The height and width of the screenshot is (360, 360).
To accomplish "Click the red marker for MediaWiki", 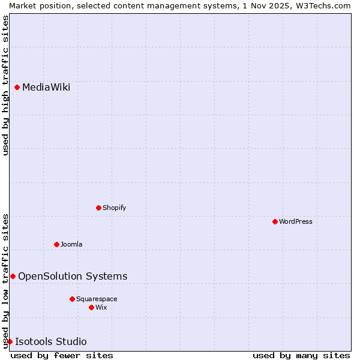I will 17,88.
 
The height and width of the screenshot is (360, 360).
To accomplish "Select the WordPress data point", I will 275,222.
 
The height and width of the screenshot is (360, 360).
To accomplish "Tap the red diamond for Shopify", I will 98,208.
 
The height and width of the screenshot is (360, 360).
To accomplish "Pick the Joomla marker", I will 56,245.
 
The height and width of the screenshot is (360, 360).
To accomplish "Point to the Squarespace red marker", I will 72,299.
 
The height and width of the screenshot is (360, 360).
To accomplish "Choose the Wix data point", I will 91,308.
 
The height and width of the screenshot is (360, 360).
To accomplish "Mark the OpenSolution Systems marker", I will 13,277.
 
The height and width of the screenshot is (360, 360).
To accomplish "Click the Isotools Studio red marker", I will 10,342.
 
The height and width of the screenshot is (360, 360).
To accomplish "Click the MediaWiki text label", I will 46,88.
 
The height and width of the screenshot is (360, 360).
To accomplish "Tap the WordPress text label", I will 296,222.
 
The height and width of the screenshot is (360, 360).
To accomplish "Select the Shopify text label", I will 115,208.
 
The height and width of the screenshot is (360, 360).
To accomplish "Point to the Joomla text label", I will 71,245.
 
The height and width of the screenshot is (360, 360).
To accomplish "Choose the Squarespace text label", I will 97,299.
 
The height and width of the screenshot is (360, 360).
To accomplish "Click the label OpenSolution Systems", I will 73,277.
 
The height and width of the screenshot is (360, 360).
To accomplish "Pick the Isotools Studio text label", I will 51,342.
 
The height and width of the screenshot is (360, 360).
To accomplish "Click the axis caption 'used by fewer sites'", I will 62,356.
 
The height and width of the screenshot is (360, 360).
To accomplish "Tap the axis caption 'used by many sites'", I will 301,356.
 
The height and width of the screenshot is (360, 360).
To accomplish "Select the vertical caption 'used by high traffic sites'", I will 5,85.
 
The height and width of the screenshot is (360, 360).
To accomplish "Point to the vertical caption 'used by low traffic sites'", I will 5,281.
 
